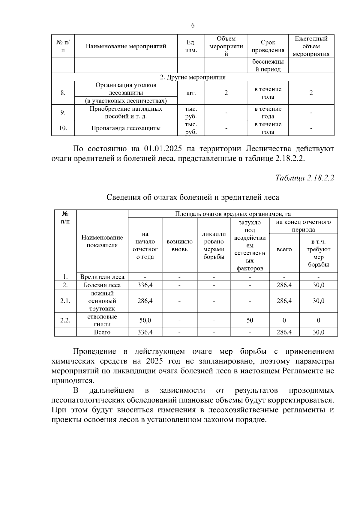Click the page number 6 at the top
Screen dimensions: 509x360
(x=193, y=25)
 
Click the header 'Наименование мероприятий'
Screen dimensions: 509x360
(x=126, y=46)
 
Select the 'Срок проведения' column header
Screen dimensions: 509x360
(x=268, y=46)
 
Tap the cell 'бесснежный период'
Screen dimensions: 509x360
(x=268, y=65)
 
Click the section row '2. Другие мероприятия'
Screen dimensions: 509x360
(x=193, y=77)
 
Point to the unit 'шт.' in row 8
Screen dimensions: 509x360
(x=191, y=93)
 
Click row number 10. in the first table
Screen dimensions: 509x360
(x=63, y=128)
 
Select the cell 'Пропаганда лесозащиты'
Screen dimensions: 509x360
(x=126, y=128)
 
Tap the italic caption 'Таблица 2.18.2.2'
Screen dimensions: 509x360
(x=304, y=178)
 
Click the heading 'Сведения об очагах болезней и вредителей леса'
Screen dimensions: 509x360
(x=193, y=197)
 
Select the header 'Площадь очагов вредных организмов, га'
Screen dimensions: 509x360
(x=232, y=214)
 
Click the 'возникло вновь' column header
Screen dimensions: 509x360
(x=179, y=245)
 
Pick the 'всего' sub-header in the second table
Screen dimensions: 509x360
(x=284, y=249)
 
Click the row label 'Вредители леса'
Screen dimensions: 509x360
(x=102, y=277)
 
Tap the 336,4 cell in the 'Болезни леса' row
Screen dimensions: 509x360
(x=145, y=285)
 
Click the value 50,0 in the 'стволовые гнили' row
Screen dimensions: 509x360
(x=145, y=320)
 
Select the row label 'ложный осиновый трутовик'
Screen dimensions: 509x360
(x=102, y=301)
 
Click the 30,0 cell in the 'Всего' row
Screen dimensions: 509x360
(x=318, y=332)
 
